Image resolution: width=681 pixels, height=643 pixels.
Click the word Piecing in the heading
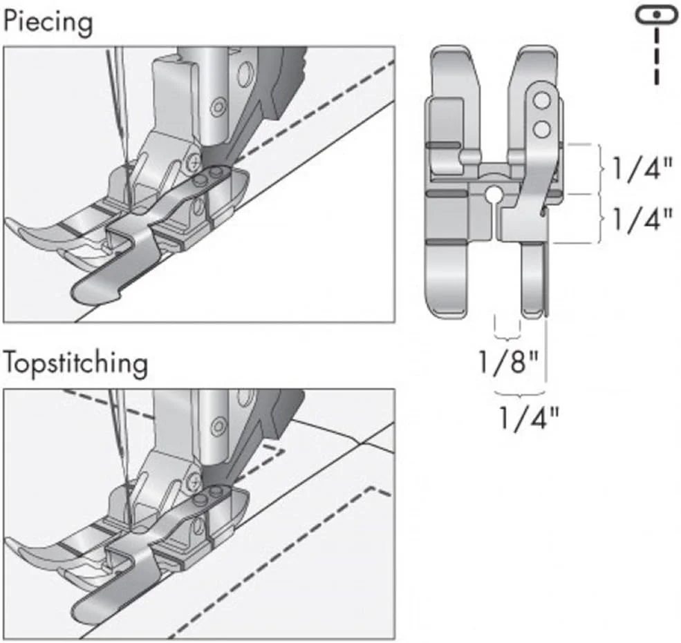click(x=48, y=23)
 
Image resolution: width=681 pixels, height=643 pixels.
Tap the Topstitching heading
click(x=75, y=363)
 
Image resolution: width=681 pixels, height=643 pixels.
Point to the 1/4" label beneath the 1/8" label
click(x=529, y=416)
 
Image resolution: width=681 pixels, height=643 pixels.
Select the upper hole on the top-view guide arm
click(x=541, y=101)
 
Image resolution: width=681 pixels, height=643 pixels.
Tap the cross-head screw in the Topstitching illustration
click(x=197, y=478)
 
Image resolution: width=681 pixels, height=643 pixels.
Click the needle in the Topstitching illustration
click(x=119, y=449)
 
